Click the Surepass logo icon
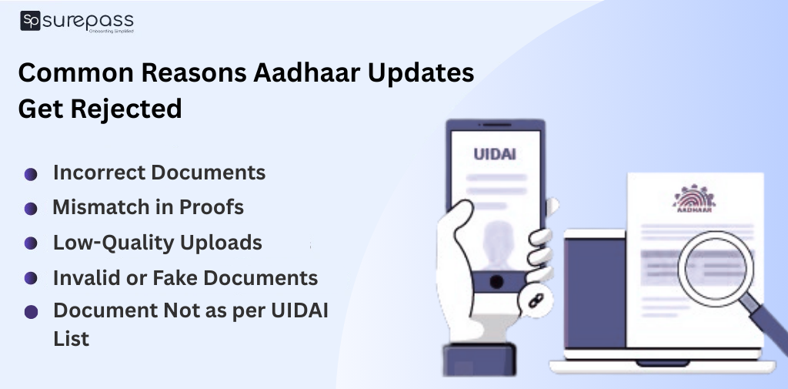(30, 21)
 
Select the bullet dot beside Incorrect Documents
(31, 175)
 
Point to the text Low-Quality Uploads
(157, 243)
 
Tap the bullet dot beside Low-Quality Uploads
(31, 243)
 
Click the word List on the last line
(71, 338)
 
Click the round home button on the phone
(497, 280)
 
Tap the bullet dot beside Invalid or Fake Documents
(31, 277)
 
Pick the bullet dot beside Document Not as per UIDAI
(31, 312)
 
